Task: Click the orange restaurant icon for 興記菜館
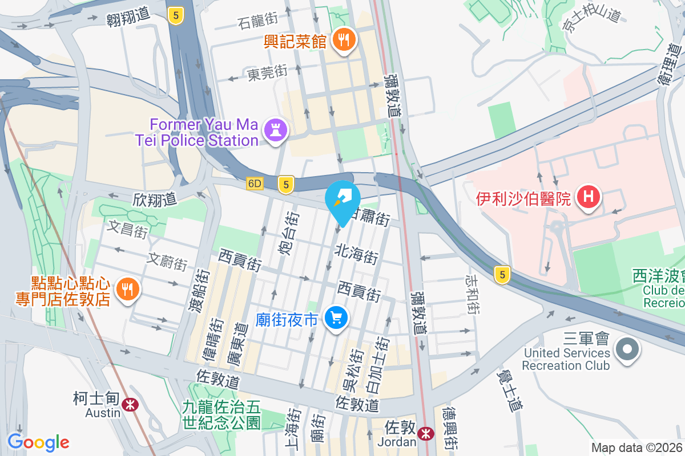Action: click(x=344, y=40)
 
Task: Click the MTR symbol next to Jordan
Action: click(x=425, y=434)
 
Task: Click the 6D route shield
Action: click(x=255, y=184)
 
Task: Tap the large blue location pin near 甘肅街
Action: click(x=342, y=201)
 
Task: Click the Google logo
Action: click(x=38, y=442)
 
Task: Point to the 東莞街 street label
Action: click(x=267, y=73)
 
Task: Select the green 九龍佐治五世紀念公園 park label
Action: click(x=221, y=414)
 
